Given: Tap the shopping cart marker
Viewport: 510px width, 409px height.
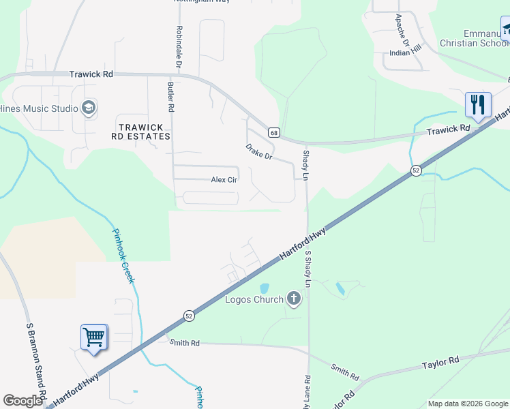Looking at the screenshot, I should coord(93,336).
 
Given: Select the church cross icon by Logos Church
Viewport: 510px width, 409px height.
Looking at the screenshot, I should coord(294,299).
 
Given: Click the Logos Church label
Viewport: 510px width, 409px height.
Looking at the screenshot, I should coord(254,299).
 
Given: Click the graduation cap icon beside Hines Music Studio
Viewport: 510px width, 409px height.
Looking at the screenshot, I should coord(88,108).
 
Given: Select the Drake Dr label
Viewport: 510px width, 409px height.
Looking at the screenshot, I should coord(258,151).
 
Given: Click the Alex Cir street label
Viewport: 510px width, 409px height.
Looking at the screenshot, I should coord(224,180).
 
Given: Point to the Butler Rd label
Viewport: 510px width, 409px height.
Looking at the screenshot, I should coord(170,96).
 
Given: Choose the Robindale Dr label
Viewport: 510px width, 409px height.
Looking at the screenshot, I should coord(179,46).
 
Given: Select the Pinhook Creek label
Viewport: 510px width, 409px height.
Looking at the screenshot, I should coord(124,255).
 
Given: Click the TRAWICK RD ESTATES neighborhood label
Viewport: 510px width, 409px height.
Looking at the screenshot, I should coord(141,132).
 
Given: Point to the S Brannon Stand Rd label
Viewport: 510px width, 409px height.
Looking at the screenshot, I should coord(36,361).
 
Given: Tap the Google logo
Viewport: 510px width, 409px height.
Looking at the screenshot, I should coord(22,401).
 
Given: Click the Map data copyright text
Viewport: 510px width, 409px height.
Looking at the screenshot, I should coord(468,404).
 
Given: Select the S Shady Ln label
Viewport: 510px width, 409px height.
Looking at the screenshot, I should coord(308,269).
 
